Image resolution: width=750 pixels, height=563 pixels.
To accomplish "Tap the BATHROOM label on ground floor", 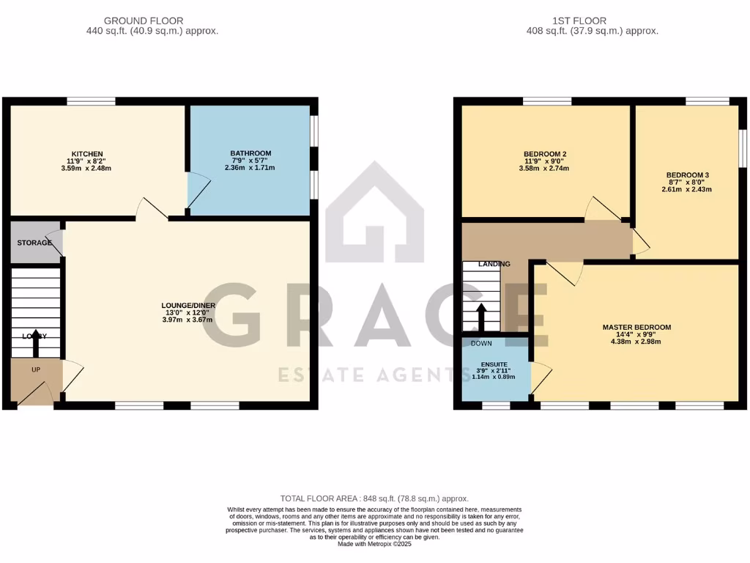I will click(x=250, y=153).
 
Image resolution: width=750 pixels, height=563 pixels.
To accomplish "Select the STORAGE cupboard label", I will click(x=34, y=243).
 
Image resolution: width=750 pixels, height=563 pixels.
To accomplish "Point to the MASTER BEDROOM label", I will click(x=636, y=327).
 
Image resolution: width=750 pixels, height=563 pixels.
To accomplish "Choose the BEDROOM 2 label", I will click(x=545, y=154).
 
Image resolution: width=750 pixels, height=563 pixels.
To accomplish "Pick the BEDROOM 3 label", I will click(x=687, y=175).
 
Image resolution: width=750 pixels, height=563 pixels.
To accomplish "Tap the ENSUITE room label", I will click(x=494, y=364).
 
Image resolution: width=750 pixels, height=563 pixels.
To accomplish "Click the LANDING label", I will click(x=494, y=264).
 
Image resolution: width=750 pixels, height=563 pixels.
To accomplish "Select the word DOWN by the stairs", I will click(x=481, y=343).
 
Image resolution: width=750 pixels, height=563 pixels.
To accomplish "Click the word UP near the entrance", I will click(x=36, y=369).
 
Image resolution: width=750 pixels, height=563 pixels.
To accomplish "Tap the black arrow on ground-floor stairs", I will click(x=34, y=342).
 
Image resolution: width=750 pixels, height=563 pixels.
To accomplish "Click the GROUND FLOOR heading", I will click(x=144, y=21).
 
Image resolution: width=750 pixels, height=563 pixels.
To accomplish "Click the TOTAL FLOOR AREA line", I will click(x=374, y=498).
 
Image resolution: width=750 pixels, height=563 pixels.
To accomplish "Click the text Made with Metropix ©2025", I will click(x=374, y=545).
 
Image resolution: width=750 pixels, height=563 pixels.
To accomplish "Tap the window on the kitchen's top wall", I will click(x=91, y=101).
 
